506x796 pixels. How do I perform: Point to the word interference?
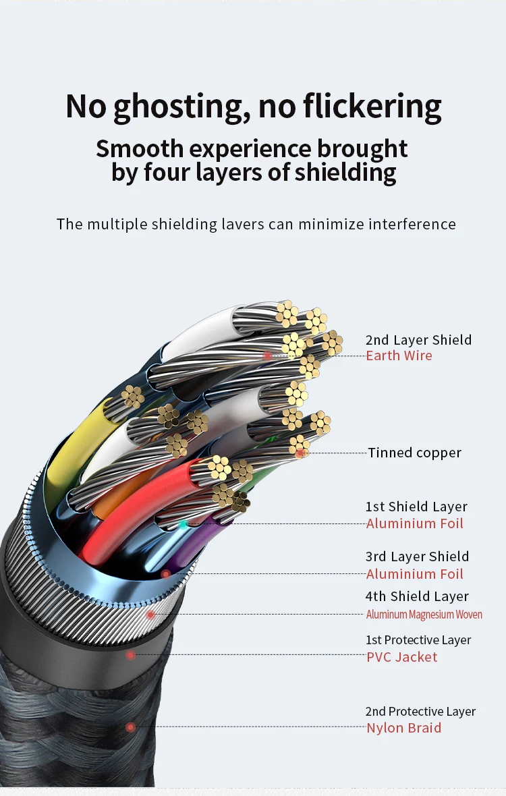click(x=412, y=224)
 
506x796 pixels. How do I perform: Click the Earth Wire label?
click(x=399, y=356)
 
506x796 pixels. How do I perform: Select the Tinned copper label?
click(x=414, y=453)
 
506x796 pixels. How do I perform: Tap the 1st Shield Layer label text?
click(x=416, y=507)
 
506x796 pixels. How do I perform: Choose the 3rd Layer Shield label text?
click(x=417, y=557)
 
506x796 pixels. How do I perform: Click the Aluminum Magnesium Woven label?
click(x=424, y=615)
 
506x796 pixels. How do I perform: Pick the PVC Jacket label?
click(x=401, y=657)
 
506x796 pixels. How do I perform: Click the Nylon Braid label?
click(x=403, y=728)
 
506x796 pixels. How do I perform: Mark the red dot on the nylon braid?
click(x=131, y=727)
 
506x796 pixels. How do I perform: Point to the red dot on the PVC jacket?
click(x=130, y=655)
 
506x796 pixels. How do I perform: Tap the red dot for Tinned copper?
click(x=300, y=453)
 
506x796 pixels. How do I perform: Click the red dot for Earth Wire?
click(x=267, y=356)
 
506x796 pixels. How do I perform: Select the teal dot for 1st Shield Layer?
click(x=183, y=523)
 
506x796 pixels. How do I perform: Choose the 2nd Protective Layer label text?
click(x=420, y=712)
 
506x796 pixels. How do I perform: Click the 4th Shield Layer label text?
click(x=417, y=596)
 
